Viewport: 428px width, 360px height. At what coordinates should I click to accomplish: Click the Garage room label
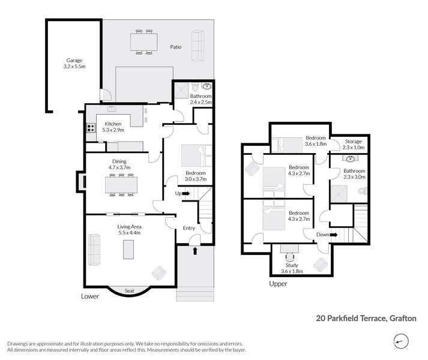tap(74, 64)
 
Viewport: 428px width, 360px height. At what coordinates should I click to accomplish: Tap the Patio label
tap(175, 46)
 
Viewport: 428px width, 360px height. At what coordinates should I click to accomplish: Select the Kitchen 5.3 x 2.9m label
tap(113, 127)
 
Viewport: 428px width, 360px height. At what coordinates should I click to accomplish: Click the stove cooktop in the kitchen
tap(91, 127)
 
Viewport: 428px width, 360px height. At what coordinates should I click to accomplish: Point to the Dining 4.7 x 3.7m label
tap(119, 164)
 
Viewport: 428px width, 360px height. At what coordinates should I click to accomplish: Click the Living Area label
tap(129, 229)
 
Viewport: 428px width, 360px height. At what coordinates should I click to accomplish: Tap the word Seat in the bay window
tap(129, 292)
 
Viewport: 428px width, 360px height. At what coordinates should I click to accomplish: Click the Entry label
tap(188, 228)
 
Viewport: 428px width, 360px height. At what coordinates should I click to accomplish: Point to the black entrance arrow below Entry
tap(194, 250)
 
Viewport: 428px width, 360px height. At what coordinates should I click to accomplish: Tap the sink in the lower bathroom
tap(207, 86)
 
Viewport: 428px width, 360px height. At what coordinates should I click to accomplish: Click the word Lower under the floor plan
tap(89, 296)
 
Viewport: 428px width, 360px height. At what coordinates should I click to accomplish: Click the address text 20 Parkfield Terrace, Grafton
tap(366, 319)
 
